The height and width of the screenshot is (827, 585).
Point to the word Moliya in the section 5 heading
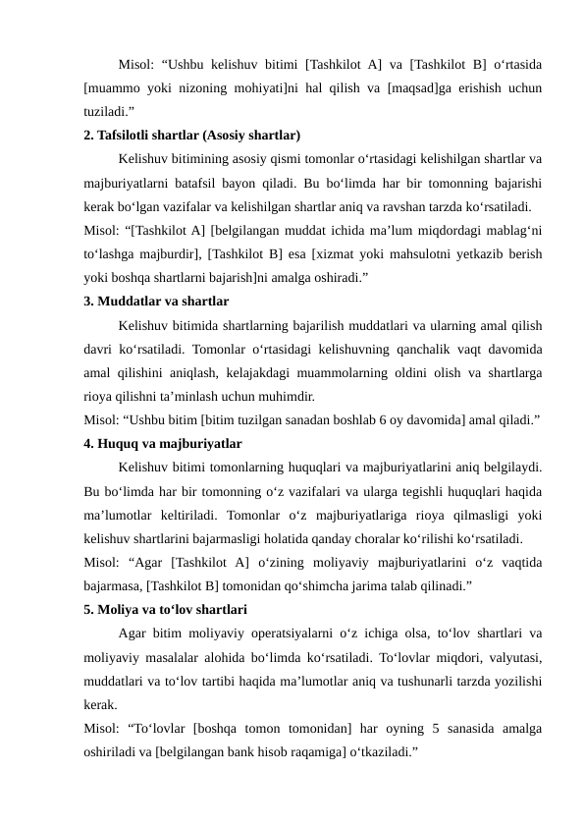(x=121, y=609)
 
